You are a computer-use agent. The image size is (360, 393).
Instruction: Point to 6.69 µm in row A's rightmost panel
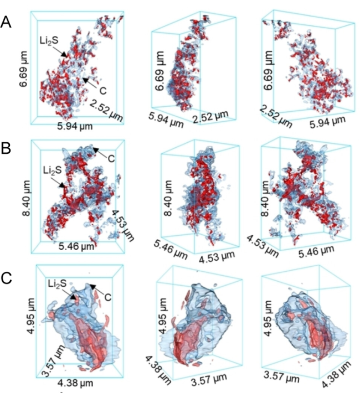269,70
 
